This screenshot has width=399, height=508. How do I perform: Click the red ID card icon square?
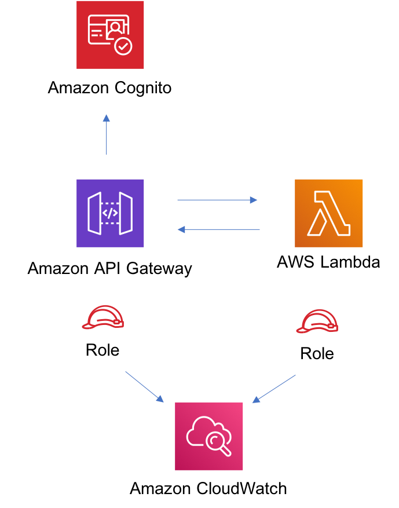[110, 35]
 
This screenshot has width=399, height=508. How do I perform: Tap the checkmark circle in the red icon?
[123, 46]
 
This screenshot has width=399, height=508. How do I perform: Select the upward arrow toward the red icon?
[107, 136]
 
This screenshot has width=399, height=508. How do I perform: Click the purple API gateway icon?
[110, 213]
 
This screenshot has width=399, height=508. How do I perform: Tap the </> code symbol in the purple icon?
[110, 213]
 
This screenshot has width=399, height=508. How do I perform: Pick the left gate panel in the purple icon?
[94, 213]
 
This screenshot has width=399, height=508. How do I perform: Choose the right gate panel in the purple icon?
[126, 213]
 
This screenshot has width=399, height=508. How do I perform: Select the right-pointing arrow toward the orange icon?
[217, 200]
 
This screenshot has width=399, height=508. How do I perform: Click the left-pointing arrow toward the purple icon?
[218, 229]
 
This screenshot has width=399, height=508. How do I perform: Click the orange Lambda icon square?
[328, 213]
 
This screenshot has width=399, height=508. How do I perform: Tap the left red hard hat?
[103, 318]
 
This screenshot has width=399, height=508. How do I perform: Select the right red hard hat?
[317, 321]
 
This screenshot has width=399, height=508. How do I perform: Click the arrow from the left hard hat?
[144, 386]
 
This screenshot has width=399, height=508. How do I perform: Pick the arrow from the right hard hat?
[274, 389]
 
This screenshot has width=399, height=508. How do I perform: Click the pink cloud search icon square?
[209, 436]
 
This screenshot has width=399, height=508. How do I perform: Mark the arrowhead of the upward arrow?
[107, 118]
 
